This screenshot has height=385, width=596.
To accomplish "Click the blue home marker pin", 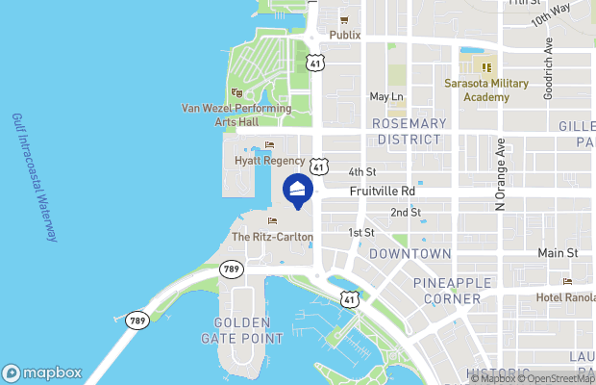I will pos(297,192).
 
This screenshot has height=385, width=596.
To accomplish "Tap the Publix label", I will pos(344,35).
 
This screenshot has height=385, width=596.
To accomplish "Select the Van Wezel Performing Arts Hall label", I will pos(236,115).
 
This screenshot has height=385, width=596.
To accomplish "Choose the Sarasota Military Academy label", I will pos(486,90).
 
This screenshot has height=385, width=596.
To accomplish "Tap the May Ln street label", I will pos(385,96).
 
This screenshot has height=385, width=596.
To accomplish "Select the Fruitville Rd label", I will pos(382,192).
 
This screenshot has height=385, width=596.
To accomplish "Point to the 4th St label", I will pos(360,171).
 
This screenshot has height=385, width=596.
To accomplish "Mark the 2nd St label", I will pos(404,212).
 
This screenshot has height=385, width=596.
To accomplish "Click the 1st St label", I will pos(360,233).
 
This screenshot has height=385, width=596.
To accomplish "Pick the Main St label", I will pos(558,253).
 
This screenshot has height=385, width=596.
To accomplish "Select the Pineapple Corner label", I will pos(447,291).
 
